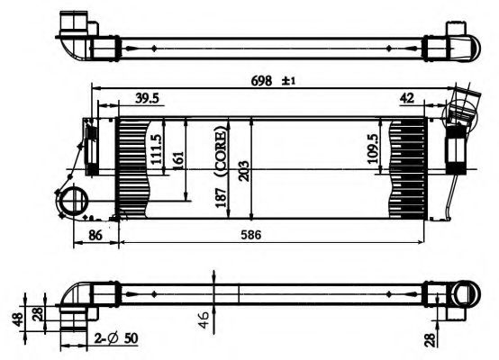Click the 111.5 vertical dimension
156,149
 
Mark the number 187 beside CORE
219,195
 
